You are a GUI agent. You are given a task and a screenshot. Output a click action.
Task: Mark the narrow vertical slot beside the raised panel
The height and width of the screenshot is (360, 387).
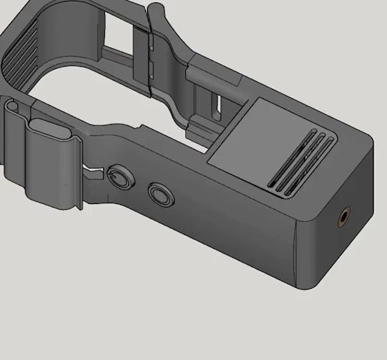pyautogui.click(x=217, y=105)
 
